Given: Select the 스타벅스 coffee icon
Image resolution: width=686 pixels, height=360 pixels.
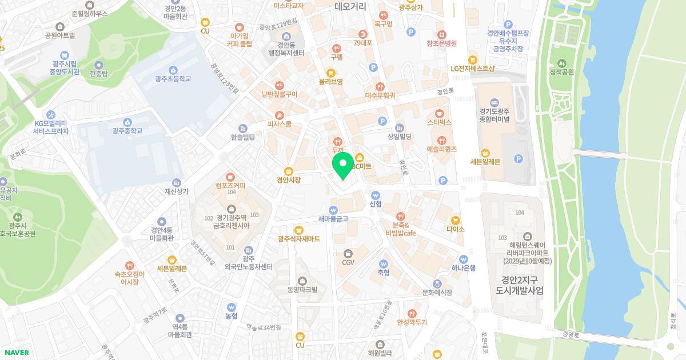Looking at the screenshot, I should pyautogui.click(x=439, y=113).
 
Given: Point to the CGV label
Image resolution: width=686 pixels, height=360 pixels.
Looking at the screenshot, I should pyautogui.click(x=348, y=262).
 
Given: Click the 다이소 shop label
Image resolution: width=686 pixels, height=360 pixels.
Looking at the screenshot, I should pyautogui.click(x=456, y=229).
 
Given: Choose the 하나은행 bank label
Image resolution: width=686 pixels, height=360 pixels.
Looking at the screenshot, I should pyautogui.click(x=463, y=267).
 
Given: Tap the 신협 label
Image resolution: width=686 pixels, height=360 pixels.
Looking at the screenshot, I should pyautogui.click(x=376, y=204).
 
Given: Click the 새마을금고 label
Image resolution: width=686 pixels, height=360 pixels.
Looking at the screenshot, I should pyautogui.click(x=333, y=218).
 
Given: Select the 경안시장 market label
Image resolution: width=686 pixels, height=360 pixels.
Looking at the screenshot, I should pyautogui.click(x=289, y=179).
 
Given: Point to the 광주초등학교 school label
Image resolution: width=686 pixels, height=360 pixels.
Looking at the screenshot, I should pyautogui.click(x=173, y=79).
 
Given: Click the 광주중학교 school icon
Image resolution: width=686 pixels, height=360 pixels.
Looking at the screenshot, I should pyautogui.click(x=127, y=122).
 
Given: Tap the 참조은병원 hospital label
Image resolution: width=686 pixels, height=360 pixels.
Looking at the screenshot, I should pyautogui.click(x=441, y=43).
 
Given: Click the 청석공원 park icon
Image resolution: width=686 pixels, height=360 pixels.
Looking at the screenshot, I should pyautogui.click(x=561, y=62).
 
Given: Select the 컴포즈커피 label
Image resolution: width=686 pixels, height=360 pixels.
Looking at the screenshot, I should pyautogui.click(x=230, y=186).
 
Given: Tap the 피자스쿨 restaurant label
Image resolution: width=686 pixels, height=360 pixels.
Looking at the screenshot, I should pyautogui.click(x=279, y=123).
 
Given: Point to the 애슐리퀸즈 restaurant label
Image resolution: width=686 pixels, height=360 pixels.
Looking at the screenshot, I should pyautogui.click(x=441, y=149).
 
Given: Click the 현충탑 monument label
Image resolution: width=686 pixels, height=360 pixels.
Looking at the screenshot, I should pyautogui.click(x=99, y=74).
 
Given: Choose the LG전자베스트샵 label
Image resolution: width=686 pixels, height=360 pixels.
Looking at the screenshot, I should pyautogui.click(x=472, y=69).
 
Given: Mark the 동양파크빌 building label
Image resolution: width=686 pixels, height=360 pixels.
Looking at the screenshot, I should pyautogui.click(x=302, y=290).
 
